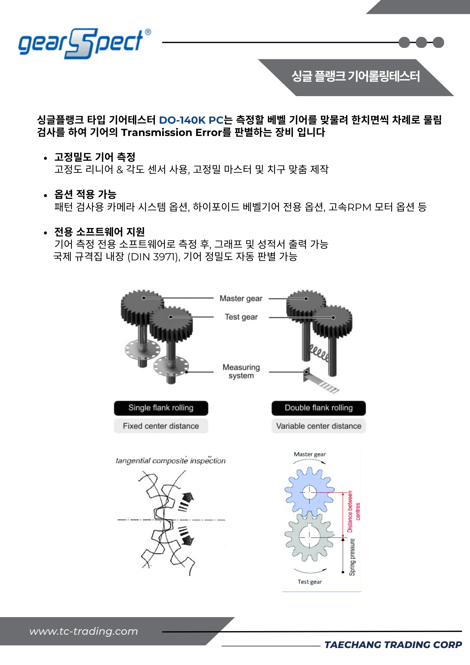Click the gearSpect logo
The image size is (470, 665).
81,43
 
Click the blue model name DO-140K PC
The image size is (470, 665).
191,120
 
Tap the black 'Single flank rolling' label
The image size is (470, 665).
161,408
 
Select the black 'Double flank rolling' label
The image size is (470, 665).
318,408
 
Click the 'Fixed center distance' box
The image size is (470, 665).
161,426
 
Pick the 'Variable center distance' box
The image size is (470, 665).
318,426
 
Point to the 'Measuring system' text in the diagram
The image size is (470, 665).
241,371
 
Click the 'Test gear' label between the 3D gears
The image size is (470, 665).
241,317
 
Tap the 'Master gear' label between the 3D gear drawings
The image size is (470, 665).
241,299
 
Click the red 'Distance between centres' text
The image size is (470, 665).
353,511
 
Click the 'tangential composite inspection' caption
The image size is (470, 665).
171,461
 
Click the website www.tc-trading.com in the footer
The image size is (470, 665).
83,631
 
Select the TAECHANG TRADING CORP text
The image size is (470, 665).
393,645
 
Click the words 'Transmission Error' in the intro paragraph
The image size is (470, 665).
171,133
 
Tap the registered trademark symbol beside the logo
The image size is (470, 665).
148,32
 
